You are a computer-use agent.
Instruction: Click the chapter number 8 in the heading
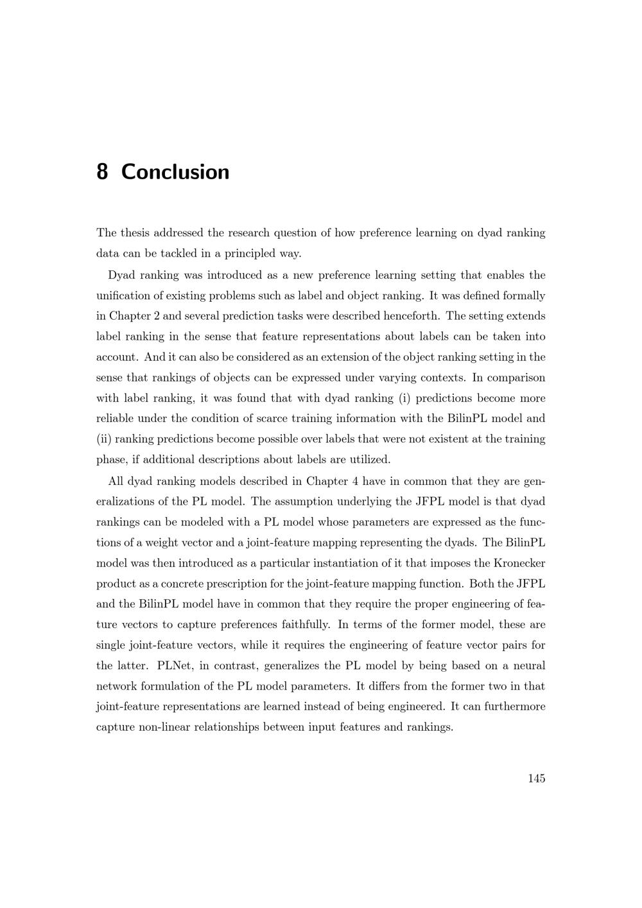(x=102, y=172)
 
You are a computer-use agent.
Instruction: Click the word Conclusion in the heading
(x=175, y=172)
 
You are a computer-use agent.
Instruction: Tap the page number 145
(x=536, y=778)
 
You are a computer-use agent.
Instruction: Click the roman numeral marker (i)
(x=404, y=398)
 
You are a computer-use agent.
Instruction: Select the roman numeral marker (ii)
(x=104, y=439)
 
